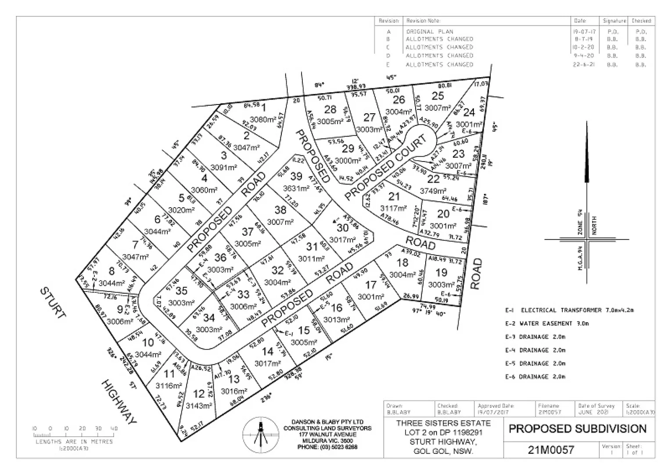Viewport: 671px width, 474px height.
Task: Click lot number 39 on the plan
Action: (x=296, y=176)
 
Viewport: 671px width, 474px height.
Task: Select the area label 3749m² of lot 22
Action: (x=433, y=191)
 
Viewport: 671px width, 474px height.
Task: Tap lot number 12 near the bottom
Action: (x=199, y=394)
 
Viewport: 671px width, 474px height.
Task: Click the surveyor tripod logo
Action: (x=260, y=434)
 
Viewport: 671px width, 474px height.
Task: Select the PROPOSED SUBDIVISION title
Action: (x=578, y=429)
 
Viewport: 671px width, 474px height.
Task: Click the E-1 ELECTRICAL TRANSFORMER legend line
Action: (x=569, y=310)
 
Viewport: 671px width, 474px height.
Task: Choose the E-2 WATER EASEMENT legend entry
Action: (x=547, y=323)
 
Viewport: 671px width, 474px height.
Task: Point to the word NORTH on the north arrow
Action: (x=595, y=225)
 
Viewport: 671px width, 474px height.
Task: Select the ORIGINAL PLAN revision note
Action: (x=430, y=32)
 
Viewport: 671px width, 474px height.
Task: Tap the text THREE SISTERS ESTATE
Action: (x=443, y=424)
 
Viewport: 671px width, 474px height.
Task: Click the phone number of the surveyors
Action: (x=327, y=447)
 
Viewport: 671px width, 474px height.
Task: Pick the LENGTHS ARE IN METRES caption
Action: (x=74, y=442)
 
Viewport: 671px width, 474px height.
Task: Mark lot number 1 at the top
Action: (x=263, y=107)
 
